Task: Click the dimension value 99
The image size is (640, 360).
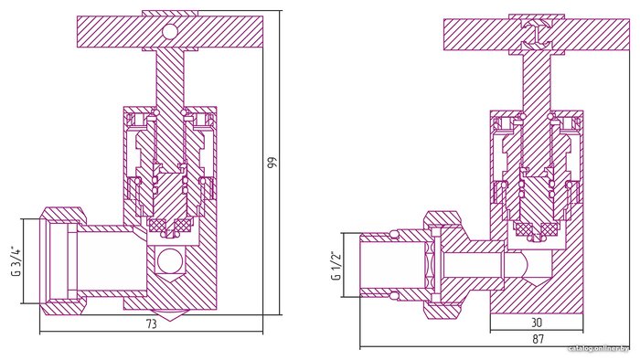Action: click(x=272, y=162)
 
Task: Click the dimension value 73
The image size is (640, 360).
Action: click(x=152, y=324)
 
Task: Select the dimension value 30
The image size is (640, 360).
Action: click(x=538, y=323)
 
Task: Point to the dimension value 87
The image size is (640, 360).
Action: click(x=539, y=339)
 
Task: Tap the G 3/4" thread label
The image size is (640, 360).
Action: click(x=16, y=261)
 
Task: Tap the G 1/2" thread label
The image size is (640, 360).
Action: click(x=336, y=265)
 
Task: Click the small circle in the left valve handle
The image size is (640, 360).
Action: click(x=169, y=32)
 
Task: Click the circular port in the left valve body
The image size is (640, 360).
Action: click(x=169, y=261)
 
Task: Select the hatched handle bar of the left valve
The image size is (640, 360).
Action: click(x=170, y=32)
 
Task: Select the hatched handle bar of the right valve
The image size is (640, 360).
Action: click(x=537, y=35)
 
